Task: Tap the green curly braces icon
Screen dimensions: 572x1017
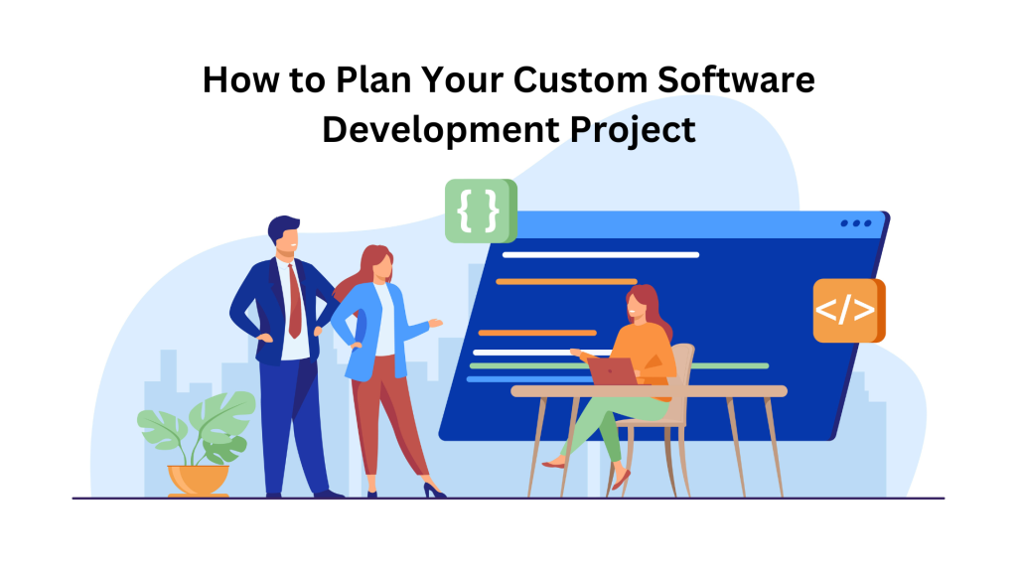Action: coord(480,211)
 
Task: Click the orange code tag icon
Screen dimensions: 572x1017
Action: coord(847,311)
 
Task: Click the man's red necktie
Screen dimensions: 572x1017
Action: coord(293,302)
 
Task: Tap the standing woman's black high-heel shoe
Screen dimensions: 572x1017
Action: coord(433,489)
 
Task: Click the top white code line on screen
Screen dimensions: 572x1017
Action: coord(600,255)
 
